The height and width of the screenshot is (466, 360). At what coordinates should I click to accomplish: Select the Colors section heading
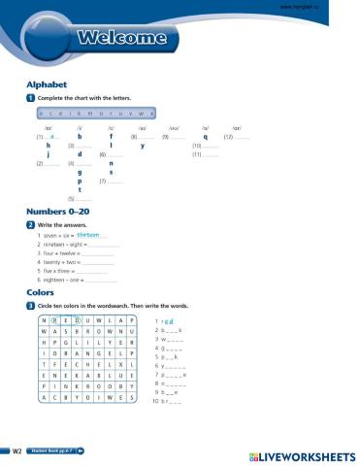click(x=41, y=291)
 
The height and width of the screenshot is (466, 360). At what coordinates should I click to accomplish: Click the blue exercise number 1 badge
click(x=31, y=99)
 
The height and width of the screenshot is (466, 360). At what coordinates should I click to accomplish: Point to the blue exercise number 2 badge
click(x=31, y=224)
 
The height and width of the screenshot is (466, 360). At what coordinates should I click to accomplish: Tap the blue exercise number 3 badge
click(x=31, y=306)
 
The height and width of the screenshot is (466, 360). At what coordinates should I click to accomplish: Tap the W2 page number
click(x=16, y=451)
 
